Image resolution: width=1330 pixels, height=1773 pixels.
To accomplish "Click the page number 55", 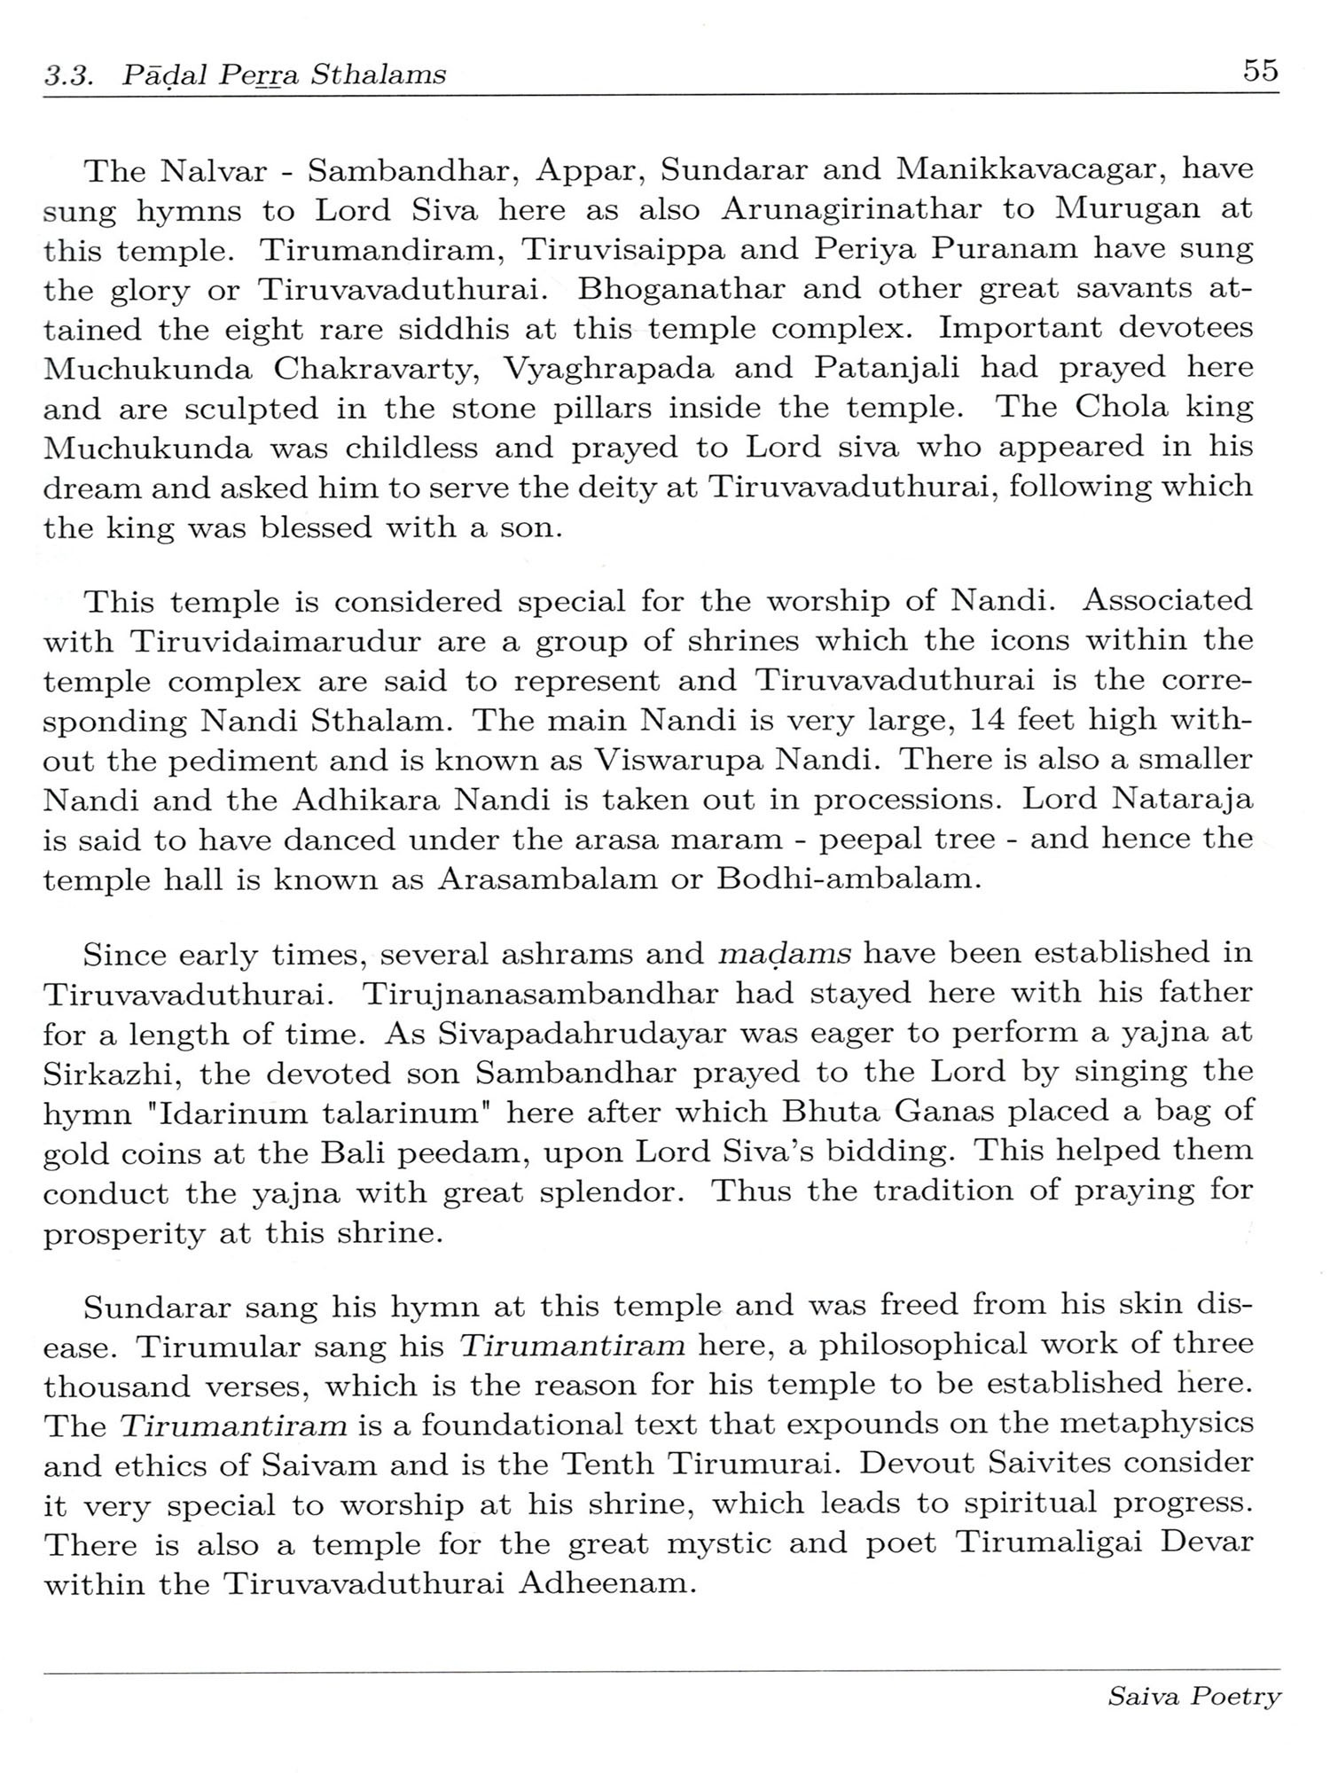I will [x=1260, y=70].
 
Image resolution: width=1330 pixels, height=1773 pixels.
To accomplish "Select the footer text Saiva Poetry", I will [x=1193, y=1697].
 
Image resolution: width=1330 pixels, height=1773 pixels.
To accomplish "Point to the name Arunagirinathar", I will [x=852, y=210].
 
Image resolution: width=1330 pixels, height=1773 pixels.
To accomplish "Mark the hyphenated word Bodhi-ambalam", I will [x=846, y=880].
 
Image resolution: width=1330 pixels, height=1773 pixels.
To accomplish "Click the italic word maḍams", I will [x=784, y=955].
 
